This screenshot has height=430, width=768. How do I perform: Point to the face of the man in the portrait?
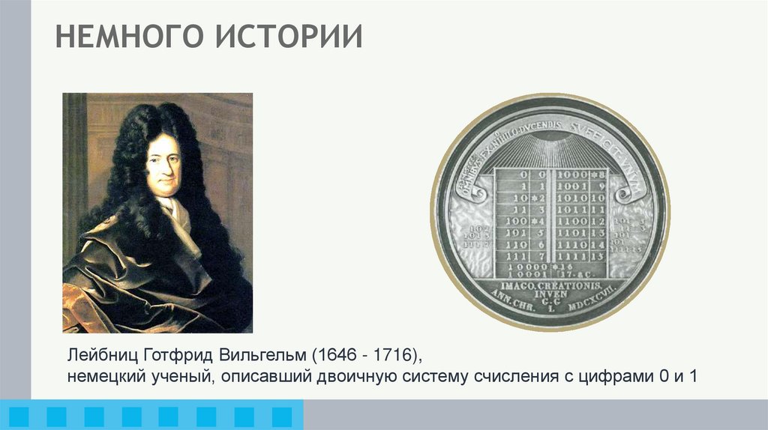tap(163, 165)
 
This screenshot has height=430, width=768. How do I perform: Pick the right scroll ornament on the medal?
tap(628, 191)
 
